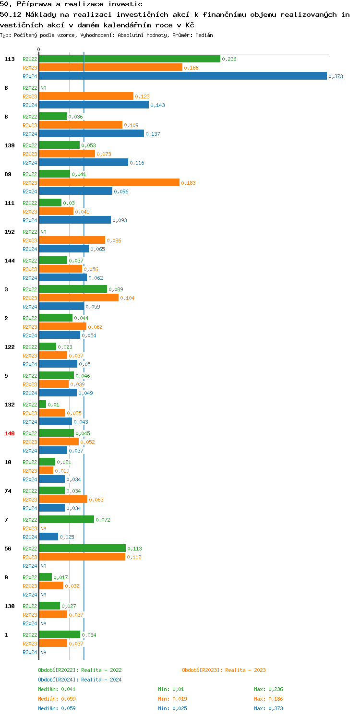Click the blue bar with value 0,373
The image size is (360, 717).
(x=182, y=76)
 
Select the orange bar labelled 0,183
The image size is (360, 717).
(x=109, y=183)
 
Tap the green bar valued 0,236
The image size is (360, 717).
(x=129, y=59)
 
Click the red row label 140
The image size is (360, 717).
(x=9, y=433)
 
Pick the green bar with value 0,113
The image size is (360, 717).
(x=82, y=549)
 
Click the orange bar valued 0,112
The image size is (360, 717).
(x=82, y=557)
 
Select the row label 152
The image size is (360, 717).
(x=9, y=232)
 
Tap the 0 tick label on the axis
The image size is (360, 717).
(x=39, y=50)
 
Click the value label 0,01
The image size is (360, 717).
(x=53, y=405)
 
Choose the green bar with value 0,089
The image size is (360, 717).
(x=73, y=289)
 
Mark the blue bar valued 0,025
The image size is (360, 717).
(x=48, y=537)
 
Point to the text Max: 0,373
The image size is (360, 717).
(x=268, y=708)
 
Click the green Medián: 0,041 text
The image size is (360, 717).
(x=57, y=689)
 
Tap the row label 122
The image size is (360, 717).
(x=9, y=347)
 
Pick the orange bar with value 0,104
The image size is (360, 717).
(x=79, y=298)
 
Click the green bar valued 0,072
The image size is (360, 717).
(x=66, y=520)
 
